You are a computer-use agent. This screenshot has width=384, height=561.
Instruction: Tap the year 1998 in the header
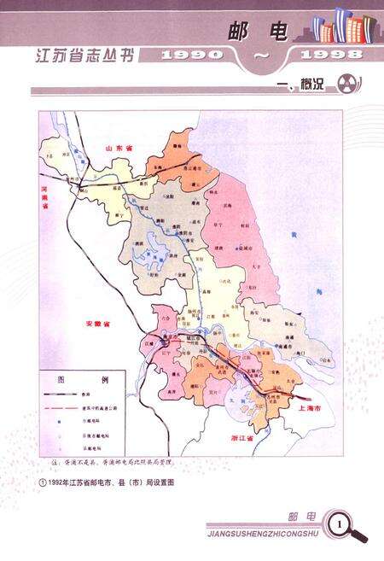pyautogui.click(x=327, y=54)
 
